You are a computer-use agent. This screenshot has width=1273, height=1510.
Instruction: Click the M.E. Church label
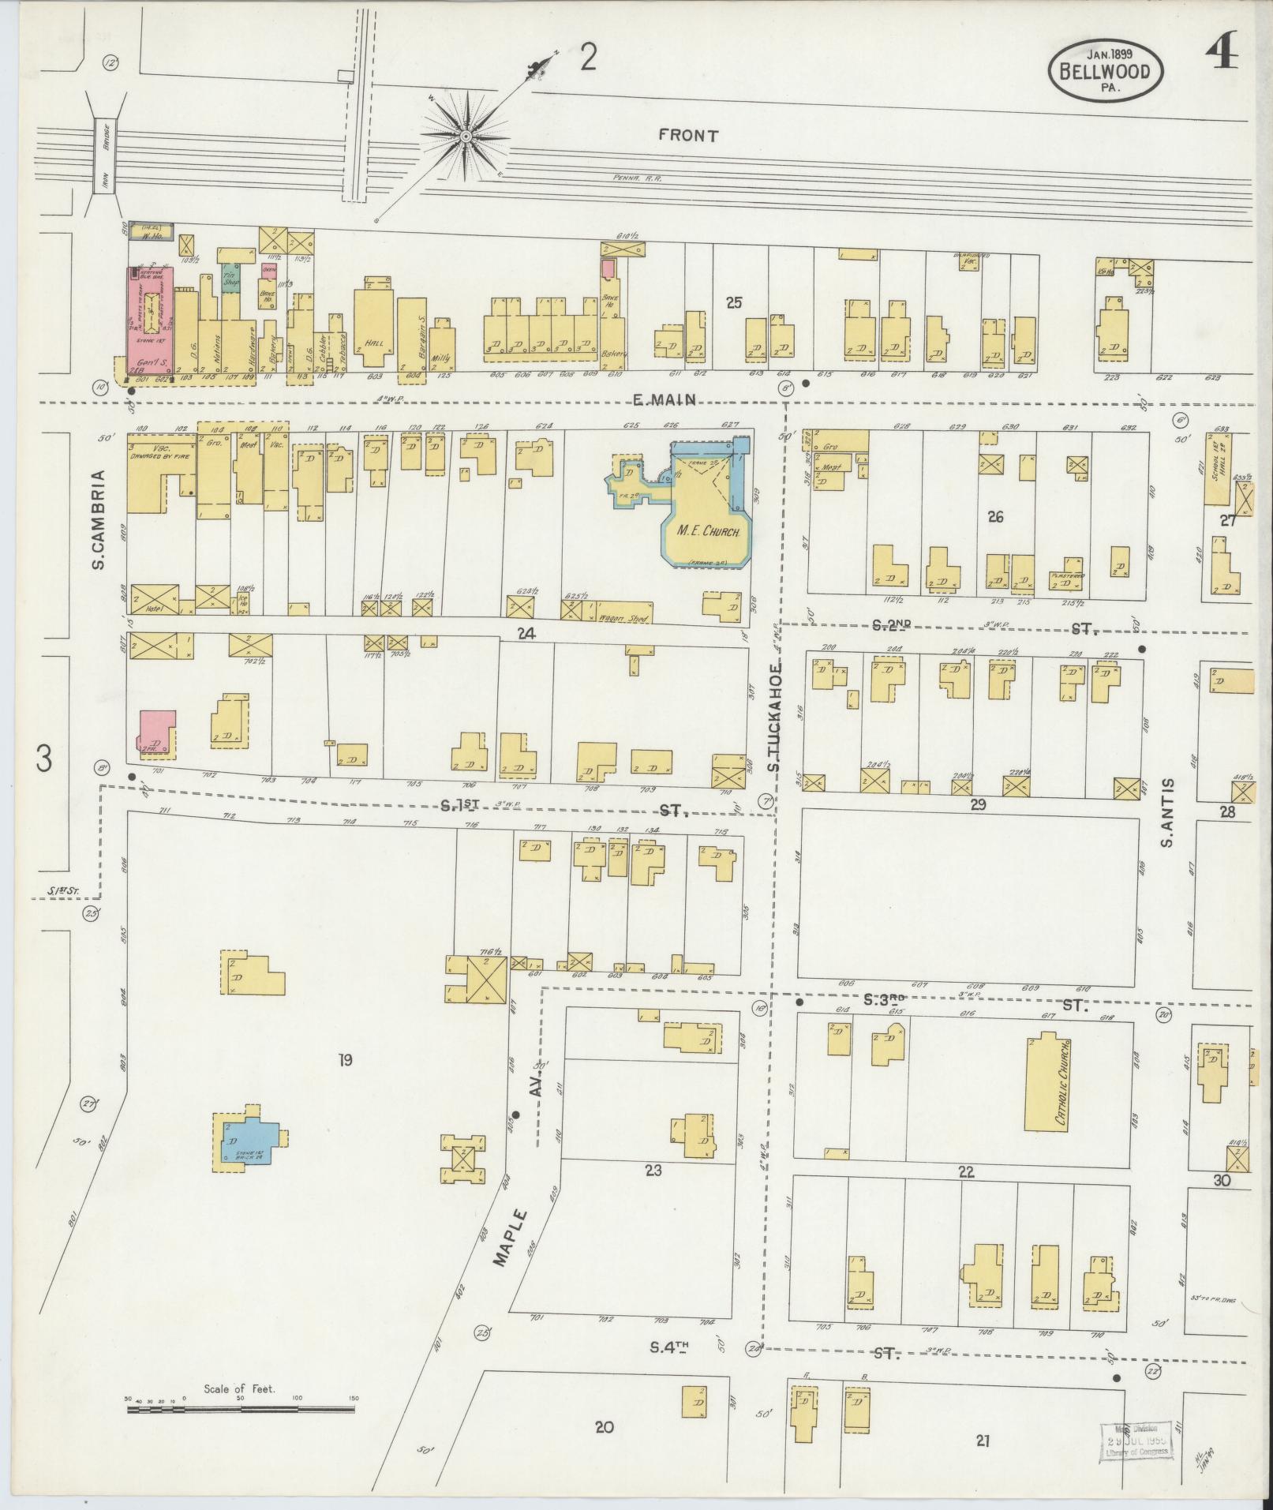708,532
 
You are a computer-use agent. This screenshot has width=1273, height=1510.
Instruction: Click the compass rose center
466,137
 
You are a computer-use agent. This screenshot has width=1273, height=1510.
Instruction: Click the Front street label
688,136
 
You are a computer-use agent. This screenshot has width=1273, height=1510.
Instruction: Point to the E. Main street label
665,400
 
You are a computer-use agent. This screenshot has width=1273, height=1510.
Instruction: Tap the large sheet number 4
1220,56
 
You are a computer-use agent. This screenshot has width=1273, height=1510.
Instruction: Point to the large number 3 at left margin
43,759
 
